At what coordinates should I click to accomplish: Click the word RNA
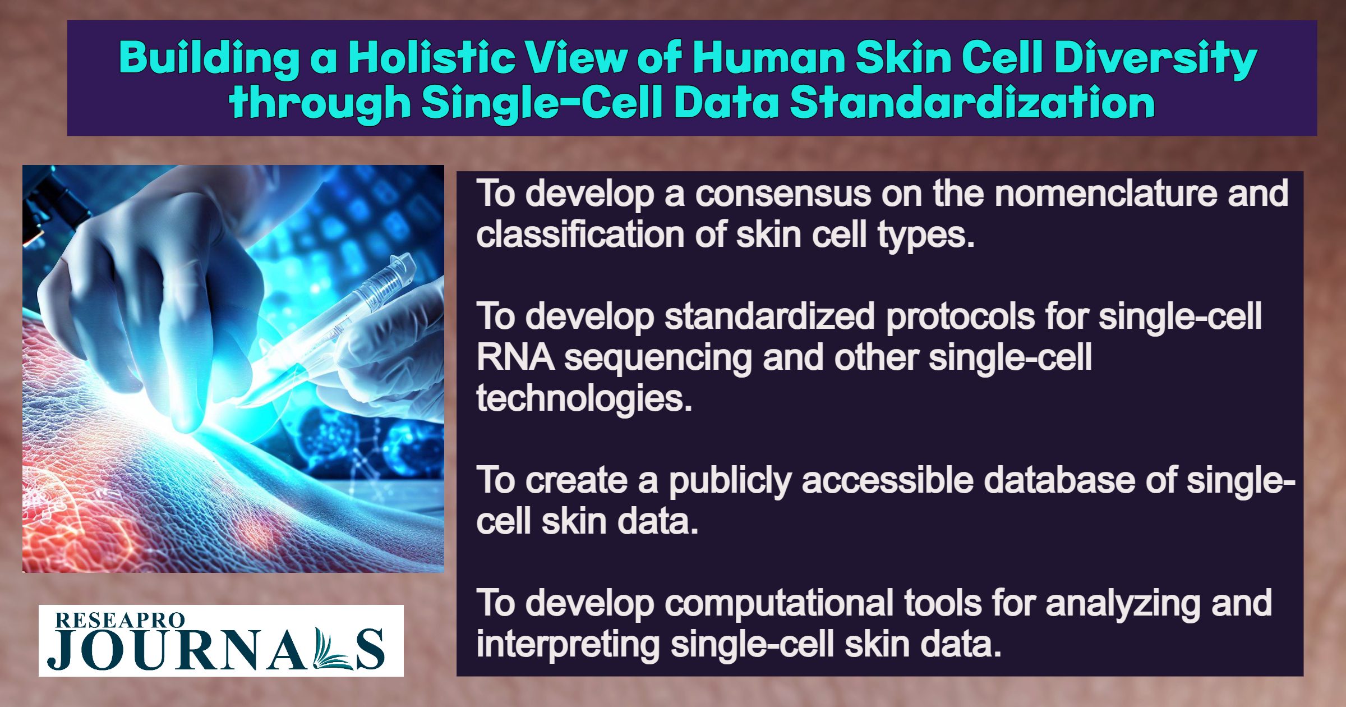pyautogui.click(x=515, y=357)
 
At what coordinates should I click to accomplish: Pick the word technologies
pyautogui.click(x=584, y=399)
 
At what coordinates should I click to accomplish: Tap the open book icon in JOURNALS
pyautogui.click(x=332, y=650)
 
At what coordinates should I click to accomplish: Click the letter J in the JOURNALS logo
pyautogui.click(x=61, y=650)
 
